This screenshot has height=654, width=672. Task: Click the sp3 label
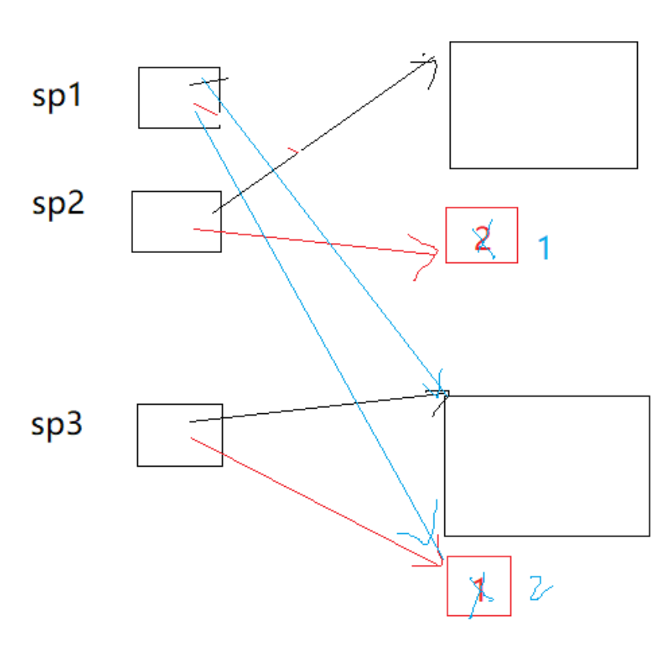coord(57,423)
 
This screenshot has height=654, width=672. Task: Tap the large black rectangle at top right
coord(543,104)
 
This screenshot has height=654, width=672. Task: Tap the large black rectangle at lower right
coord(546,465)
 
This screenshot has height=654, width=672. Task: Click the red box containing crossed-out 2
coord(482,235)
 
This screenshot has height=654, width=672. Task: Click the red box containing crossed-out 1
coord(478,586)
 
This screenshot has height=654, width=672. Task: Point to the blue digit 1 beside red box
coord(545,247)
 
